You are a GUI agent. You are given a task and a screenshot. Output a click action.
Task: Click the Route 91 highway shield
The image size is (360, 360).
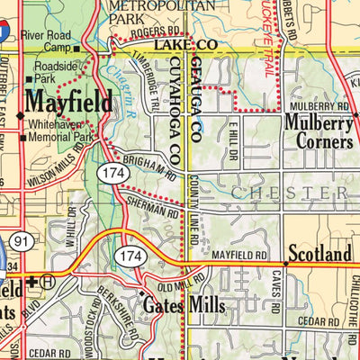(22, 240)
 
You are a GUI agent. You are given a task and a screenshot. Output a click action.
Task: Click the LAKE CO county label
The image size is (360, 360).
(184, 44)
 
